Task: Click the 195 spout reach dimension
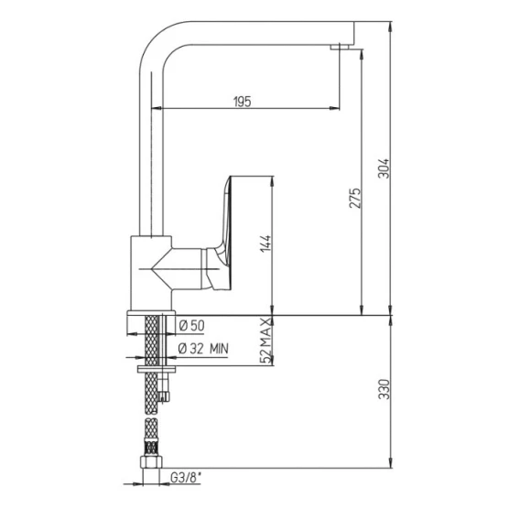243,102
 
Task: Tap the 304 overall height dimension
384,168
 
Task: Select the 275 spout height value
355,198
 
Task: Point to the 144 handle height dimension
265,244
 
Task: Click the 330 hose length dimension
384,389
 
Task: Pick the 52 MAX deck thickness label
266,341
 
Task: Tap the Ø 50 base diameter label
191,326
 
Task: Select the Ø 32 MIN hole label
203,349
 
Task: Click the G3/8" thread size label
186,478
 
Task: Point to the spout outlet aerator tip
340,47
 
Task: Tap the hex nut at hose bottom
151,461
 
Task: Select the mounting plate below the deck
157,369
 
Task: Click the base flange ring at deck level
151,313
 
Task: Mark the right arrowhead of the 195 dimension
335,108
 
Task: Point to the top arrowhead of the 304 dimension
391,27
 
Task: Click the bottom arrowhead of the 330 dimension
391,462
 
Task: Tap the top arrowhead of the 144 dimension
272,181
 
